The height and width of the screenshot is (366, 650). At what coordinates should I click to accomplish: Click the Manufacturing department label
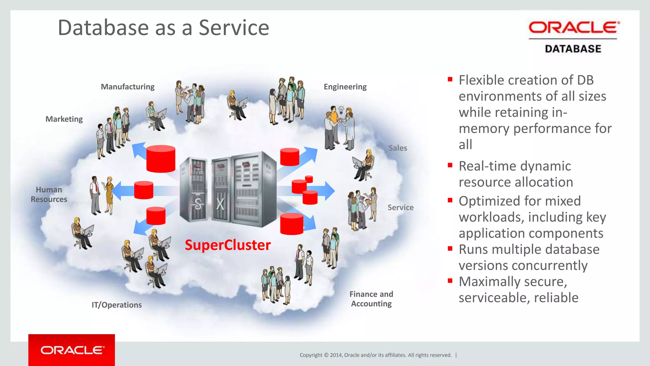pos(128,87)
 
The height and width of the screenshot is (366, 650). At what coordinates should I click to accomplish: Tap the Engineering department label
pos(345,87)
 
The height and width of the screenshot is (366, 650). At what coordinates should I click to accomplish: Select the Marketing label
pos(64,119)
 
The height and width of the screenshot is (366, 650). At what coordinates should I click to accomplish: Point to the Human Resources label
pos(49,194)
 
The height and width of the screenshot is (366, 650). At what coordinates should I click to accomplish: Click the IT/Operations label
pos(116,305)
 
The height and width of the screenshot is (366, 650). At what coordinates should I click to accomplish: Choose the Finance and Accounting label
pos(371,299)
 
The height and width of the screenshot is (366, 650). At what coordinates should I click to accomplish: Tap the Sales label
pos(398,148)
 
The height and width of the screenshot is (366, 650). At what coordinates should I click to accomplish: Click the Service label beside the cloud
pos(401,207)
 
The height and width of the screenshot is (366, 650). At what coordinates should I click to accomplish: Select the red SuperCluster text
pos(228,245)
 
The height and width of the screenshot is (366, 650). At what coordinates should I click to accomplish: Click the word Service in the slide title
pos(234,28)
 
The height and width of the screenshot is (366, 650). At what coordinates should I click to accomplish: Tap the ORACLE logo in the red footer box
pos(72,350)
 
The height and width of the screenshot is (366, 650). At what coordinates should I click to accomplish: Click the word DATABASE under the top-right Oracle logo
pos(573,49)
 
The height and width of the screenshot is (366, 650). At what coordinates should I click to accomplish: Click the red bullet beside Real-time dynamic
pos(450,165)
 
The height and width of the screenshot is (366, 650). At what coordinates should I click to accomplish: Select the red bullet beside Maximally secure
pos(450,281)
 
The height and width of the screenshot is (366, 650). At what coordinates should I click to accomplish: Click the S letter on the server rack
pos(198,204)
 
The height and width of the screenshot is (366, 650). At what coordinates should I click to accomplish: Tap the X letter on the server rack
pos(220,204)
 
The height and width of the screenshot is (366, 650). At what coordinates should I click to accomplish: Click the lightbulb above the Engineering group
pos(341,109)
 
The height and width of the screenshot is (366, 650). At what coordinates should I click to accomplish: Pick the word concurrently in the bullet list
pos(555,266)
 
